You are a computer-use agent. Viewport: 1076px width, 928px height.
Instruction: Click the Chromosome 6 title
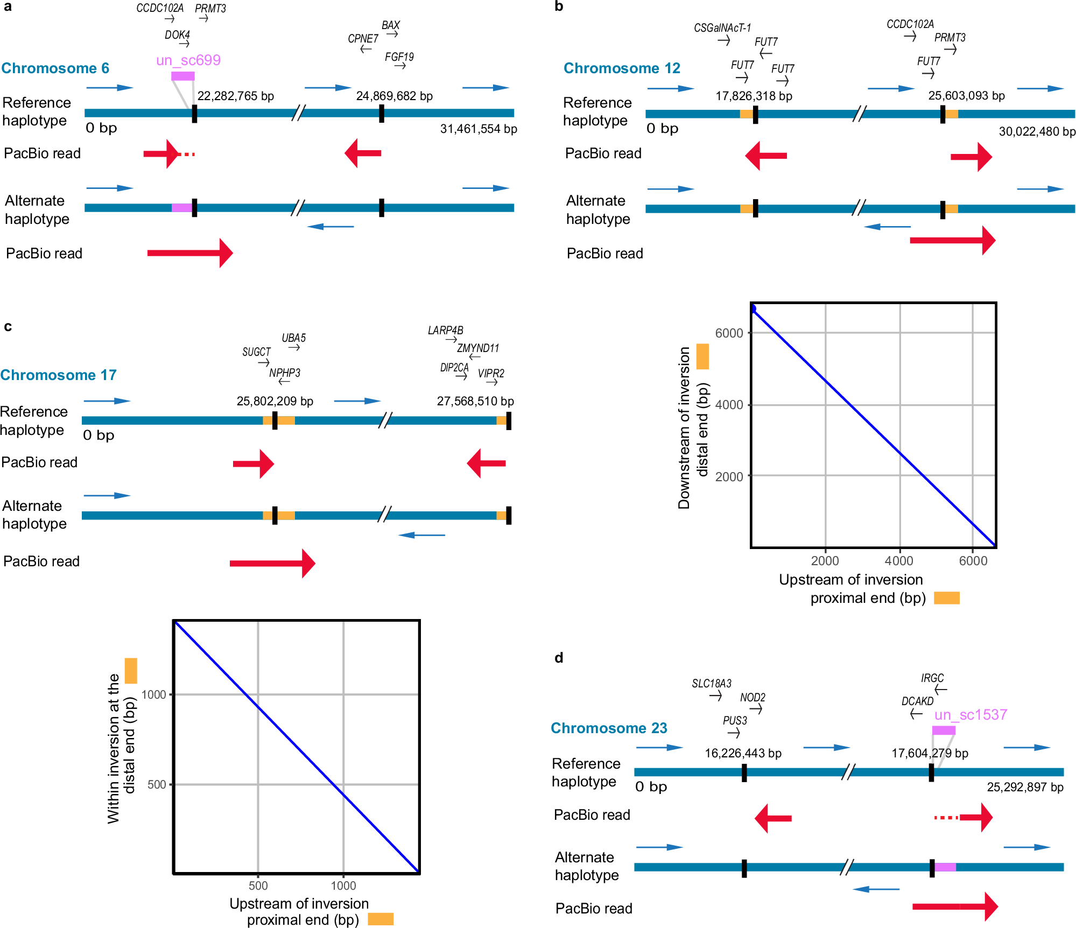click(55, 68)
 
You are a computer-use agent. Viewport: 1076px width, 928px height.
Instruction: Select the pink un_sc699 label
click(188, 60)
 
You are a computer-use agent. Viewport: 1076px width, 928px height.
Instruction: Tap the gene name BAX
click(391, 25)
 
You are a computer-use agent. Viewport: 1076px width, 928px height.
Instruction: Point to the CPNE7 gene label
click(363, 39)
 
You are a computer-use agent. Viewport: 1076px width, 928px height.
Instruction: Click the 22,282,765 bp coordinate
click(236, 96)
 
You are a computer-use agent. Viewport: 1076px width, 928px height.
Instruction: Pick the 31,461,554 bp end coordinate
click(479, 129)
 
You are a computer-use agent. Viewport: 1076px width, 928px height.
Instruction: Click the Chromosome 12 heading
click(622, 68)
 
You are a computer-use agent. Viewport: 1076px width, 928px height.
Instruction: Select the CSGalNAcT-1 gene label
click(722, 28)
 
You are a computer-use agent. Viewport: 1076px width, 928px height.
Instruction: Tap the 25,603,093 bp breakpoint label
click(967, 96)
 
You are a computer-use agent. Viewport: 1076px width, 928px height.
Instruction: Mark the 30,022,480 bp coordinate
click(1037, 132)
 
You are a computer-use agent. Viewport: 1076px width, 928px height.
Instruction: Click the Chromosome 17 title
click(58, 375)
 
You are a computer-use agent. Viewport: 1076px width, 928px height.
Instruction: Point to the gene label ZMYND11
click(478, 348)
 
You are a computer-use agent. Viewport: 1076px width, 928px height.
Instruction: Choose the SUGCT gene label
click(256, 352)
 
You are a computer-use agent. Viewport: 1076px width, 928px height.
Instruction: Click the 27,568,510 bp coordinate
click(475, 402)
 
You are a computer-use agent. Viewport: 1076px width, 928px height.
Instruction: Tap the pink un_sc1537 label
click(970, 715)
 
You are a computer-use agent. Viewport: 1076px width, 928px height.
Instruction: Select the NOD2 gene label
click(753, 698)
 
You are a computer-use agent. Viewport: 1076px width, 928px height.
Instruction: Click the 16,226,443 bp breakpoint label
click(743, 754)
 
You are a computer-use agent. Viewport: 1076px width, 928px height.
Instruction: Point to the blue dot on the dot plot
click(753, 308)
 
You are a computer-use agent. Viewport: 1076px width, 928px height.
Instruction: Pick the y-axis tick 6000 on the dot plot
click(729, 333)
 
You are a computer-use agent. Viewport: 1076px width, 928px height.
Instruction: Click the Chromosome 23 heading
click(609, 728)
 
